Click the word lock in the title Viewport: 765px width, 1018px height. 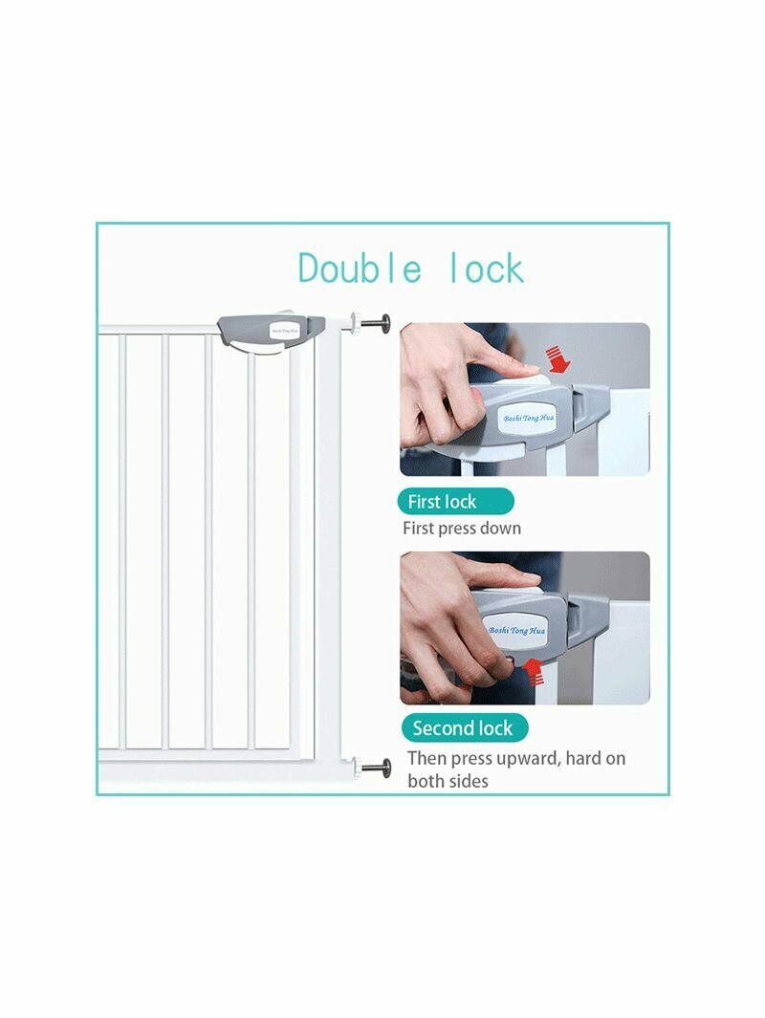pyautogui.click(x=487, y=269)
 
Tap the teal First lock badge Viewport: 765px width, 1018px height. pyautogui.click(x=455, y=502)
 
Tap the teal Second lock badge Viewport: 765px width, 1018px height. pyautogui.click(x=463, y=727)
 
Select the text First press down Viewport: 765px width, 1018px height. pyautogui.click(x=462, y=529)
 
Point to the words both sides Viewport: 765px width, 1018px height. pyautogui.click(x=448, y=781)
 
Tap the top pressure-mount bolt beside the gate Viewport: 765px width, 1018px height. pyautogui.click(x=371, y=322)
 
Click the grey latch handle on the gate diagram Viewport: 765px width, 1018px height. pyautogui.click(x=271, y=332)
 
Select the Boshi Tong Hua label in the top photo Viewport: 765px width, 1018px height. pyautogui.click(x=529, y=419)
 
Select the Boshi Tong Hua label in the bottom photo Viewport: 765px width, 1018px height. pyautogui.click(x=517, y=631)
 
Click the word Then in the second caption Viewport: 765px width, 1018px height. pyautogui.click(x=427, y=758)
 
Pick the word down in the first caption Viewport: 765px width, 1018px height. pyautogui.click(x=501, y=529)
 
